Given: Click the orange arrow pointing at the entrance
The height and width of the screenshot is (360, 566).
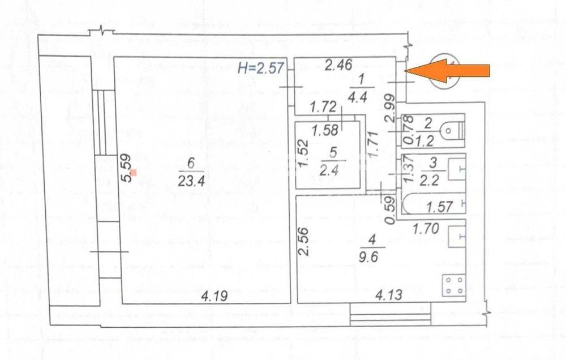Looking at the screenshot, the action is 447,71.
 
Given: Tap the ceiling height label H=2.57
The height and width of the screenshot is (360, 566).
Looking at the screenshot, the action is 260,67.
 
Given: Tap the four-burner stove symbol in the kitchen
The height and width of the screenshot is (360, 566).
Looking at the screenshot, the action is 454,285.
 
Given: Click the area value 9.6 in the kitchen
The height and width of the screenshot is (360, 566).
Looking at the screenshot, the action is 368,257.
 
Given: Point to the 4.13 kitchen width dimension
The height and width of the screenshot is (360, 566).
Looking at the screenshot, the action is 388,295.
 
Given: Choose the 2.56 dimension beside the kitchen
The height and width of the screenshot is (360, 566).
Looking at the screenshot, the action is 304,241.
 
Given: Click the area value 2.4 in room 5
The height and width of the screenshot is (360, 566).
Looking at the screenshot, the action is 329,169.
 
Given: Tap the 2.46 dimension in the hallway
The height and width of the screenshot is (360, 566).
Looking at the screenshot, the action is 338,65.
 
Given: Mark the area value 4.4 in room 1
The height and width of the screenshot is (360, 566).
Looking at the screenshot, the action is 358,97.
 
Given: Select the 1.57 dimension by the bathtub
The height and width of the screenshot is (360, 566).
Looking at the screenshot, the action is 439,207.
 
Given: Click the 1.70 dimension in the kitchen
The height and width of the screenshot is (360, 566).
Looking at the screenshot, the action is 426,228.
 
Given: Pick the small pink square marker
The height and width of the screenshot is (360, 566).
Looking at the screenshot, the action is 134,173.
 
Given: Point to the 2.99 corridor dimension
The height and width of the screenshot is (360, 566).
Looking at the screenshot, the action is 389,108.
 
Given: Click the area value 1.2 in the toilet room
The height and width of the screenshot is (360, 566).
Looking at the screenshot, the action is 424,141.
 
